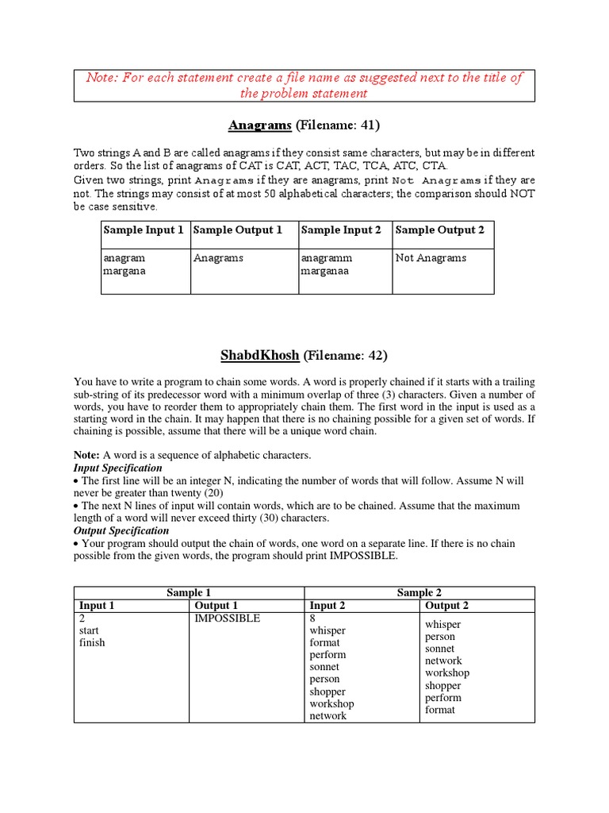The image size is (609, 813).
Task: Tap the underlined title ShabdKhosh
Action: click(251, 355)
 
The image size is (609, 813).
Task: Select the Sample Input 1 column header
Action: click(143, 230)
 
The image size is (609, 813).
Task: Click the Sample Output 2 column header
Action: click(439, 230)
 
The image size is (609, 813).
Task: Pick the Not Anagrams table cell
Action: click(431, 258)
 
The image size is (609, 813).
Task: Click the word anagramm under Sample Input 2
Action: click(326, 258)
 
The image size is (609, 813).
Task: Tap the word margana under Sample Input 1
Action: click(124, 271)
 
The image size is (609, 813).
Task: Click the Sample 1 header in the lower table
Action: click(189, 593)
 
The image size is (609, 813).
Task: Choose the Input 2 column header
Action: click(327, 606)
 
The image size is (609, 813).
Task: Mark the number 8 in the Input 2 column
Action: click(313, 618)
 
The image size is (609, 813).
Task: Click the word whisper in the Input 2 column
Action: click(327, 630)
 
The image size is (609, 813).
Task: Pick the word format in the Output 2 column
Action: click(440, 710)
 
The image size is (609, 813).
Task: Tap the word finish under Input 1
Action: click(92, 642)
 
